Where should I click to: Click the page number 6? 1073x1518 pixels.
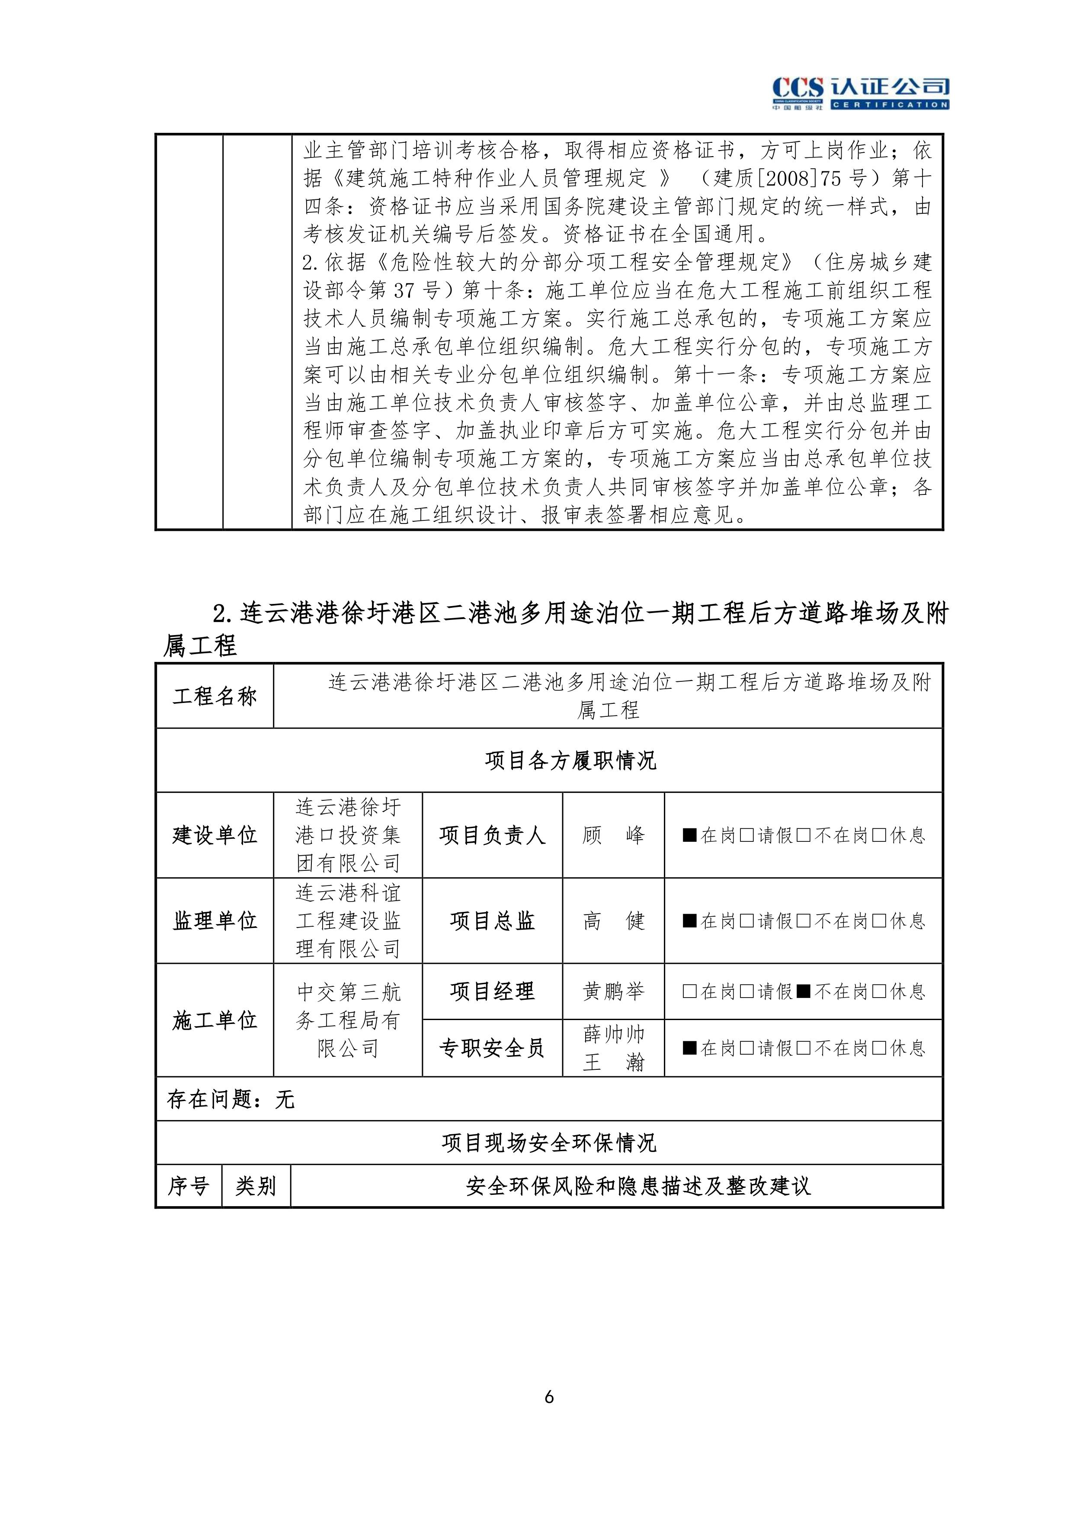coord(549,1397)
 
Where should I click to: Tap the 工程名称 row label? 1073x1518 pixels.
coord(214,696)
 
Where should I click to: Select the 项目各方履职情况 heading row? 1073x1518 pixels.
coord(570,761)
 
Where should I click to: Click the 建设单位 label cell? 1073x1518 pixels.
coord(214,835)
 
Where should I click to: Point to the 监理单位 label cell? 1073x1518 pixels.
coord(214,920)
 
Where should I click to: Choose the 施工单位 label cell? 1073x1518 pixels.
coord(214,1020)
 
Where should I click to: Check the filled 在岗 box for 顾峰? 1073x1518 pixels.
coord(689,835)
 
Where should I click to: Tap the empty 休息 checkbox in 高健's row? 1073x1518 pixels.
coord(879,920)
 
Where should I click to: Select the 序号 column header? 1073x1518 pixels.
coord(189,1186)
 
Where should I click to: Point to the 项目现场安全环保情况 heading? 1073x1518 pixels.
coord(549,1143)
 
